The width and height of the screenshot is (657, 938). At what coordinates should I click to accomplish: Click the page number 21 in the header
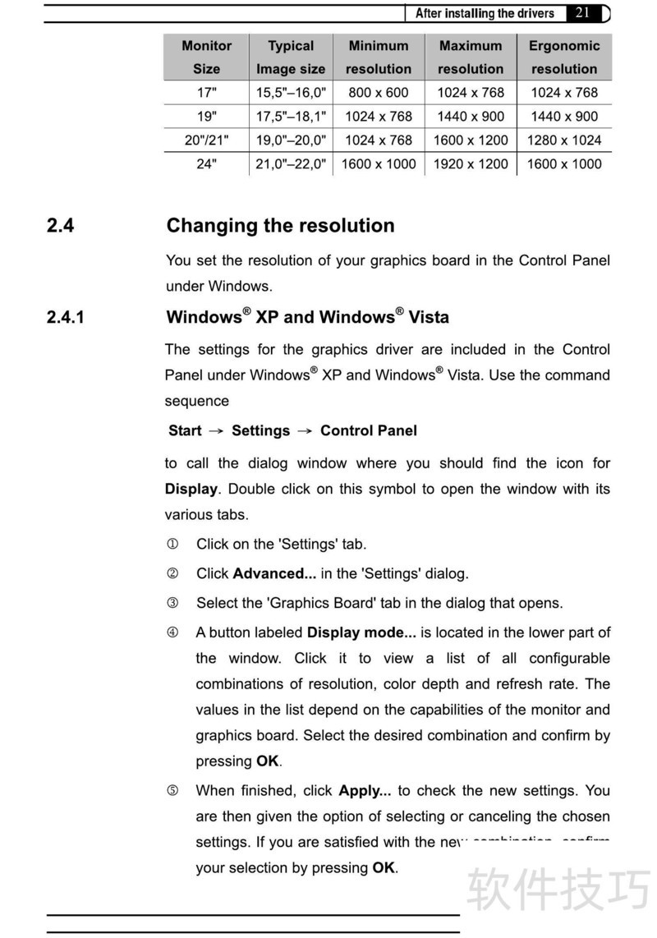coord(583,12)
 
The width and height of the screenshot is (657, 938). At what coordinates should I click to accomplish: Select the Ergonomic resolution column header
coord(564,57)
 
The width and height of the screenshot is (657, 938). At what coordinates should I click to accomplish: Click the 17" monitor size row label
coord(207,93)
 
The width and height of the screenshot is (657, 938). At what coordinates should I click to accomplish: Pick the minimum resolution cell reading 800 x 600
coord(379,93)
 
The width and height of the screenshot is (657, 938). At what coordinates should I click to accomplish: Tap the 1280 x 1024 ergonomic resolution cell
coord(564,140)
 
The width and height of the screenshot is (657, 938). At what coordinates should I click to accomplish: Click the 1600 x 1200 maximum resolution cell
coord(471,140)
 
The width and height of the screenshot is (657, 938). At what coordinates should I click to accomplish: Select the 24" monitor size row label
coord(207,163)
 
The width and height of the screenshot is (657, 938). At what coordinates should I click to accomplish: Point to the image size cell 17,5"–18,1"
coord(291,117)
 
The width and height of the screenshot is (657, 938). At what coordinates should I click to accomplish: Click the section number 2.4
coord(60,226)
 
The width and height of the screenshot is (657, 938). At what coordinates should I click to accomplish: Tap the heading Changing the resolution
coord(280,226)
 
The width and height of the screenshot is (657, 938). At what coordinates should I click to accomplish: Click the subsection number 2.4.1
coord(66,317)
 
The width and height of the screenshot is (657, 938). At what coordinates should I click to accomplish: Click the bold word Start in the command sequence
coord(185,430)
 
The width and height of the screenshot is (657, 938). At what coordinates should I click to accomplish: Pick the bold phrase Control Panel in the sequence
coord(369,430)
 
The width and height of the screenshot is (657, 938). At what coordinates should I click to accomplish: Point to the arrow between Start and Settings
coord(216,431)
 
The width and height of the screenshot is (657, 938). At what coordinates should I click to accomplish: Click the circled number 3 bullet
coord(172,603)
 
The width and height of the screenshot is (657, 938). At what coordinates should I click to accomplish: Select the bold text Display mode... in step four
coord(361,632)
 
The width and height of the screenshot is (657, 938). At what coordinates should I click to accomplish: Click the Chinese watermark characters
coord(559,888)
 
